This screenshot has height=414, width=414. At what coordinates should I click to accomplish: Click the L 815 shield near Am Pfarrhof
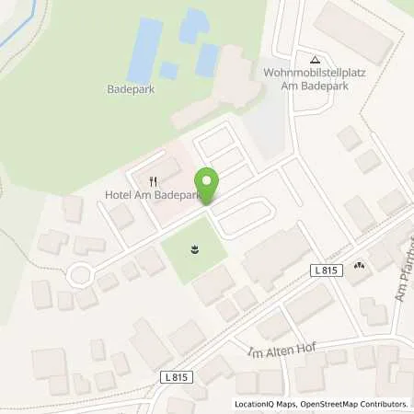(324, 269)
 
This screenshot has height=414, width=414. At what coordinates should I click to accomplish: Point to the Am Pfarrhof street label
(401, 276)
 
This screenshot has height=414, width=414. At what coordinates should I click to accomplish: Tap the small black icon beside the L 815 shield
(358, 265)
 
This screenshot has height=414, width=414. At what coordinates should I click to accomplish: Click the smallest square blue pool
(168, 70)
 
